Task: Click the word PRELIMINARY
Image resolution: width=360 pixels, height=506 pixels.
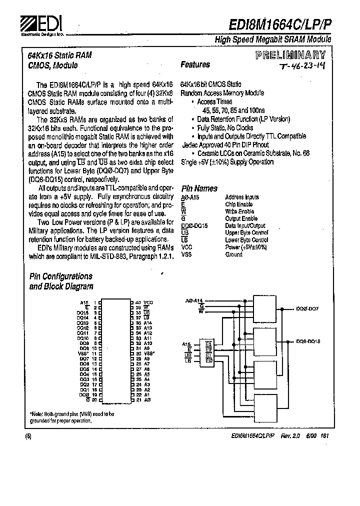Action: (x=290, y=55)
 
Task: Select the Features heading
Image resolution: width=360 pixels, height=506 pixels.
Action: (x=195, y=64)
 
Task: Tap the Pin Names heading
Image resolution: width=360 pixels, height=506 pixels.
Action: (x=199, y=188)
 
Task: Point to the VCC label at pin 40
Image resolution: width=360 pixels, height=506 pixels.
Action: (x=148, y=302)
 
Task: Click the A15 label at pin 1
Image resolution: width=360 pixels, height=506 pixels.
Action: (x=83, y=302)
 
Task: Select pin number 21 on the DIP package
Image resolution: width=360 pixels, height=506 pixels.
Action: (x=138, y=400)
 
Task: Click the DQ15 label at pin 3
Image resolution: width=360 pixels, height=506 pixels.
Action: (x=83, y=312)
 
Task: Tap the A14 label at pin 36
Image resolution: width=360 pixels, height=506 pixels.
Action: (x=147, y=323)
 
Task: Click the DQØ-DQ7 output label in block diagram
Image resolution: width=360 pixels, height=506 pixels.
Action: (x=307, y=309)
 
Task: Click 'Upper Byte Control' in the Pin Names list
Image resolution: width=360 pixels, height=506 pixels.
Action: (x=246, y=233)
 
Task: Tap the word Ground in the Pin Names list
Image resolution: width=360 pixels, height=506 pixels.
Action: (x=234, y=254)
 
